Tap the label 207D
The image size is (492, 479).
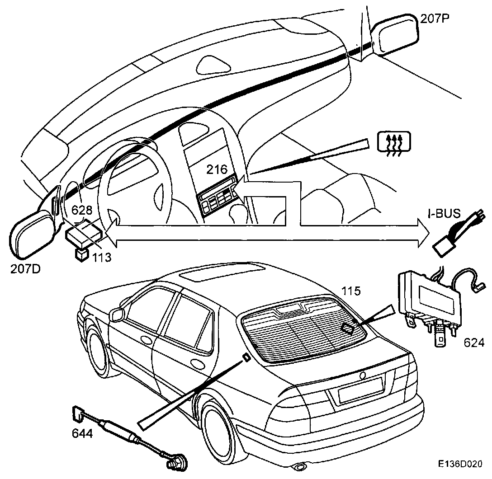[25, 269]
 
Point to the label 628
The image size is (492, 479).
[82, 210]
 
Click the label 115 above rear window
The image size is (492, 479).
[351, 291]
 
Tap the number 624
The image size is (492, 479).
[473, 342]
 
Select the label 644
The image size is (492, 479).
[82, 434]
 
